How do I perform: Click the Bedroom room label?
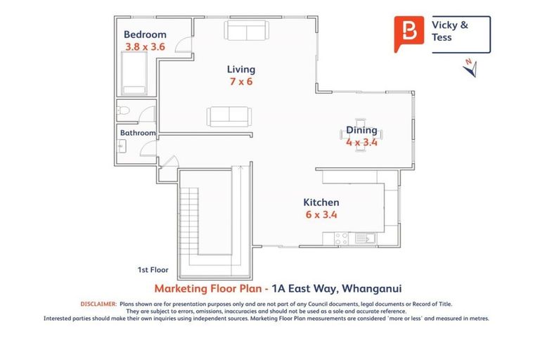coord(145,34)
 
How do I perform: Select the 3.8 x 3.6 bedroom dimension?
coord(145,46)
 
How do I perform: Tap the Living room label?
coord(240,70)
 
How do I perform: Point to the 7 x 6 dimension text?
coord(240,82)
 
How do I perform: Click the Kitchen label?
coord(321,202)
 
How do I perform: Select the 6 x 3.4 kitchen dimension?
coord(321,215)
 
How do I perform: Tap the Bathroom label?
coord(137,133)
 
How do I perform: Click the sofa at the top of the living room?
coord(246,30)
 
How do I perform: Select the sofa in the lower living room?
coord(228,115)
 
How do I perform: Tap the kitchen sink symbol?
coord(365,238)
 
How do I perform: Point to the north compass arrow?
coord(470,67)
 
